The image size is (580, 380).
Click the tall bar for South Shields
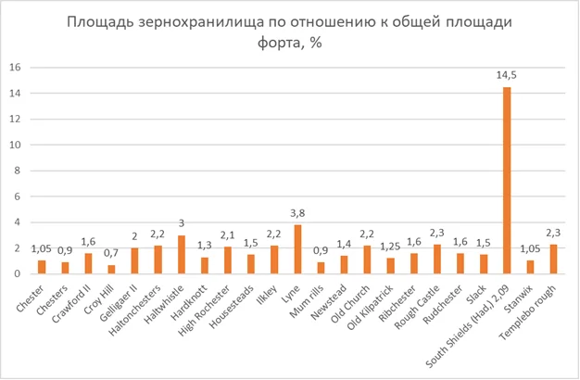coord(507,181)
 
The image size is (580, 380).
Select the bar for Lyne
coord(297,249)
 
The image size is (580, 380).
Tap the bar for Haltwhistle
coord(182,255)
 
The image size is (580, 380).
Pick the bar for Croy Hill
coord(111,270)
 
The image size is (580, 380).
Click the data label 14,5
coord(507,75)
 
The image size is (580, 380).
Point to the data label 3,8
coord(297,213)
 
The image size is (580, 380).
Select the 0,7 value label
coord(111,253)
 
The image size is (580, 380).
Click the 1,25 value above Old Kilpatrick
coord(390,247)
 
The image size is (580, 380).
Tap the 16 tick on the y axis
coord(15,68)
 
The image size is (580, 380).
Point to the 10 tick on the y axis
coord(15,145)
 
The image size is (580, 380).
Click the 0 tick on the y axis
coord(18,273)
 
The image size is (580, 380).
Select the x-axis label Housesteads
coord(232,307)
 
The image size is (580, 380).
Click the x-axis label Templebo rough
coord(527,313)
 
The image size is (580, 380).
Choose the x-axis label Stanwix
coord(519,299)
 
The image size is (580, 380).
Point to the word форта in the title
coord(281,43)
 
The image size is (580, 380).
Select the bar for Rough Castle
coord(436,259)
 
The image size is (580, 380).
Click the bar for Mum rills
coord(322,268)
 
